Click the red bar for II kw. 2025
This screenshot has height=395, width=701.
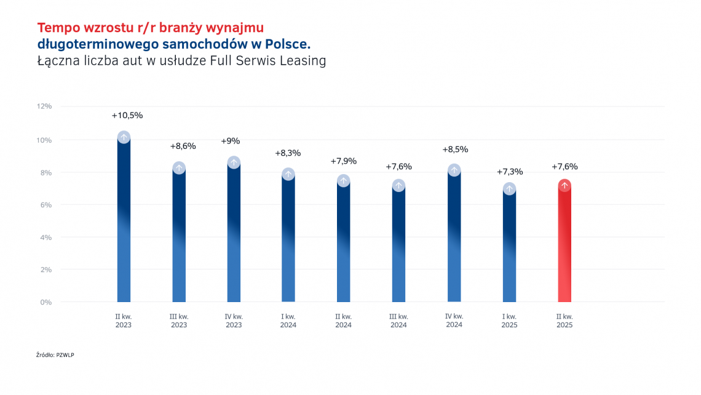[x=564, y=246]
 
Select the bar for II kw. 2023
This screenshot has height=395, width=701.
[x=124, y=221]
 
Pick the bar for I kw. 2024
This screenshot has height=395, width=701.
[x=288, y=240]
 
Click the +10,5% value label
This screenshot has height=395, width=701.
[x=127, y=115]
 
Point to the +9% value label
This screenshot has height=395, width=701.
[x=231, y=141]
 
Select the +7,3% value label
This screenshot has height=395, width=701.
[x=509, y=172]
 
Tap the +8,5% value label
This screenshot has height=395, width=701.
[x=455, y=150]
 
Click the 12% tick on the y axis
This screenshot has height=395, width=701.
[x=44, y=106]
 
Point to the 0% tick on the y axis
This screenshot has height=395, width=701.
[x=46, y=302]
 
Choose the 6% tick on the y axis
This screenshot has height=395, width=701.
[x=46, y=205]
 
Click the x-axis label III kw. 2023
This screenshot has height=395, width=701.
[x=179, y=321]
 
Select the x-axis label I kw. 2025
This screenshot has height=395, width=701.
[x=509, y=321]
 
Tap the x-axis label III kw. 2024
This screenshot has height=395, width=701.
[x=398, y=321]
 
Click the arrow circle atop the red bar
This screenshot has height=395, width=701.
[x=564, y=185]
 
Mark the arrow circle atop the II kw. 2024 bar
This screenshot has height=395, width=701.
[x=344, y=181]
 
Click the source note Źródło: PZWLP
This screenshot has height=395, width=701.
[x=55, y=355]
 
